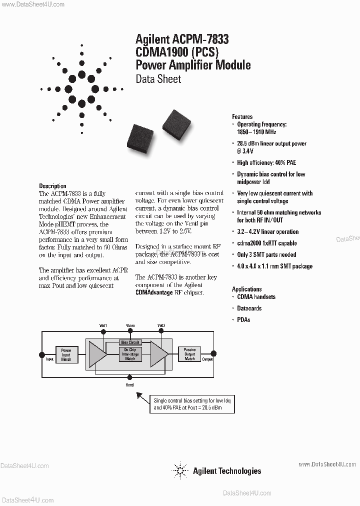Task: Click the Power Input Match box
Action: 66,354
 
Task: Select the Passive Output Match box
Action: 189,354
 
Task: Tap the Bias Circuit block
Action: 130,342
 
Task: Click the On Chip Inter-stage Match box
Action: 130,354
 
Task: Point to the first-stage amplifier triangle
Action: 97,354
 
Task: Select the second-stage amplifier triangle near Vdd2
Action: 159,354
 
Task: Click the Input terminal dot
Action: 42,354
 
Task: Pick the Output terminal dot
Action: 214,354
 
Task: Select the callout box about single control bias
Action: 192,404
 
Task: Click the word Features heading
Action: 242,116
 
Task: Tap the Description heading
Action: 52,186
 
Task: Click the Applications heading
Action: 246,289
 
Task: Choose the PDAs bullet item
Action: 243,319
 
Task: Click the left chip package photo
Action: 141,135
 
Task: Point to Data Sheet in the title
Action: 158,79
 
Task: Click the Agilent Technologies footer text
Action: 227,470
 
